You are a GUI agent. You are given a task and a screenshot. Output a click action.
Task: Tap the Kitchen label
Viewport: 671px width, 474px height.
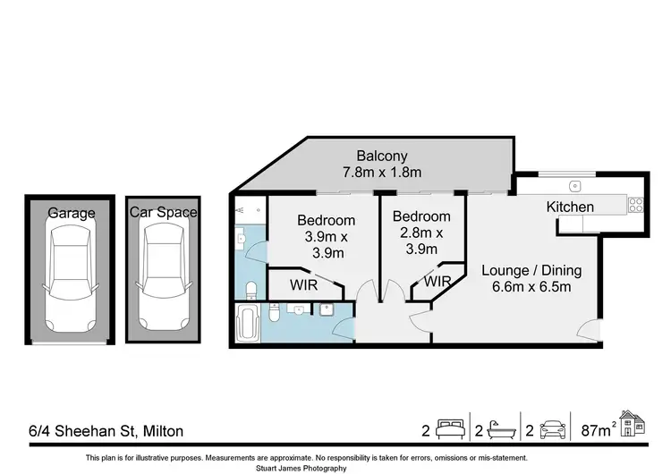point(570,207)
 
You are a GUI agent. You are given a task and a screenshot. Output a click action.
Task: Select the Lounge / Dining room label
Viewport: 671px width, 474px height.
point(531,270)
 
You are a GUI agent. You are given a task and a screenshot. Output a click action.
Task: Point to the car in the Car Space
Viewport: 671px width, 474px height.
point(164,273)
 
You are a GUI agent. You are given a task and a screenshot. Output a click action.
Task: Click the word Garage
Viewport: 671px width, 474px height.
point(72,213)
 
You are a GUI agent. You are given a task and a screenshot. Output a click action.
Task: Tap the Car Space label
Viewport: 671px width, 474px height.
point(164,213)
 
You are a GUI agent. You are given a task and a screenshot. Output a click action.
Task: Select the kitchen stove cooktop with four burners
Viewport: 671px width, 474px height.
point(635,204)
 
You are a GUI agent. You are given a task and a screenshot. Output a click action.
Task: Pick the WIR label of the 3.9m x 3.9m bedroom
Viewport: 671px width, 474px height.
point(302,287)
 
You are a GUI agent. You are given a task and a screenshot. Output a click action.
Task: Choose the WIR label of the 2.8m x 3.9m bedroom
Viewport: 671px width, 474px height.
point(437,283)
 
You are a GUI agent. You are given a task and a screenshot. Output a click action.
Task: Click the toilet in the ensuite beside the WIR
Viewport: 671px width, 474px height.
point(252,289)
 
